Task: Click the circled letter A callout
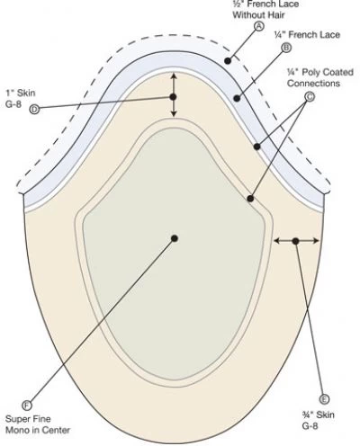[259, 26]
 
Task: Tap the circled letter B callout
[286, 48]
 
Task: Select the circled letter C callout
[310, 97]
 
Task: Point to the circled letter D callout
[34, 110]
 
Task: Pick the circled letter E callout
[324, 399]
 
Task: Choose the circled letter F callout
[27, 406]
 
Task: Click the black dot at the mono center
[175, 238]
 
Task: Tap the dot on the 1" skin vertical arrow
[173, 97]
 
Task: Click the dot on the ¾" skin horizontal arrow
[295, 241]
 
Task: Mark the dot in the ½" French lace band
[228, 61]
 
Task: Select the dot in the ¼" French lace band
[237, 98]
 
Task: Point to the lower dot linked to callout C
[250, 199]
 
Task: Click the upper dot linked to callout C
[256, 147]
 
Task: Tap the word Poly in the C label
[310, 73]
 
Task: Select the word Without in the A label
[247, 15]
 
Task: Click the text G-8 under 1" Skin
[13, 104]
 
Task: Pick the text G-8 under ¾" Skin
[310, 426]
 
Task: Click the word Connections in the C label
[313, 84]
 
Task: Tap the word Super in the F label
[17, 419]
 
